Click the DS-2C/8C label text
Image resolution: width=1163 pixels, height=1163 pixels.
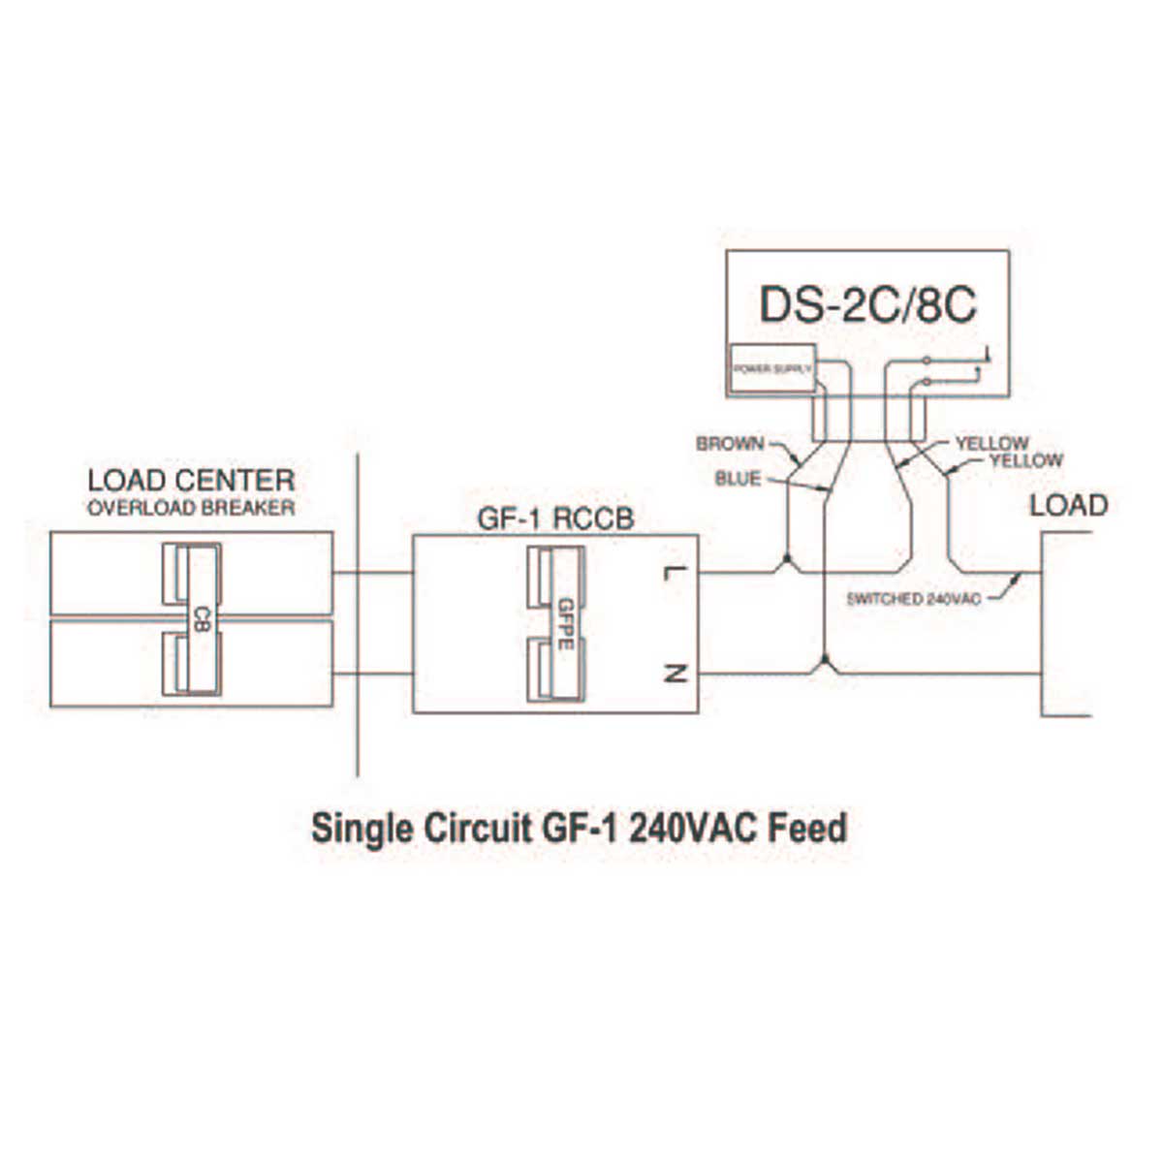pyautogui.click(x=867, y=304)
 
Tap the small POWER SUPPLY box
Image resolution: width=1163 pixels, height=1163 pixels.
pyautogui.click(x=771, y=369)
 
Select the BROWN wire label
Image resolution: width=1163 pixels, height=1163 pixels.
pyautogui.click(x=730, y=445)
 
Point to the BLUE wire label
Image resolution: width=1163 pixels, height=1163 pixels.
pyautogui.click(x=739, y=478)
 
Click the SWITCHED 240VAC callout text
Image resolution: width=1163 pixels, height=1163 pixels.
pyautogui.click(x=913, y=599)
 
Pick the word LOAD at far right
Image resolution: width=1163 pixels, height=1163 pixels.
pyautogui.click(x=1068, y=505)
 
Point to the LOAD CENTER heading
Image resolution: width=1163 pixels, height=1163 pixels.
pyautogui.click(x=191, y=481)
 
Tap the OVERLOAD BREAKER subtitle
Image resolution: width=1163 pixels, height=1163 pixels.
pyautogui.click(x=191, y=508)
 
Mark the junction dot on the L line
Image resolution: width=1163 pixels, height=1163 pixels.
pyautogui.click(x=788, y=562)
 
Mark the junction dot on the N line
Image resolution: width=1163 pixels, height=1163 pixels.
pyautogui.click(x=823, y=663)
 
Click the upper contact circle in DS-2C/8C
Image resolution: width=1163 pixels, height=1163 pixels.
pyautogui.click(x=927, y=361)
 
